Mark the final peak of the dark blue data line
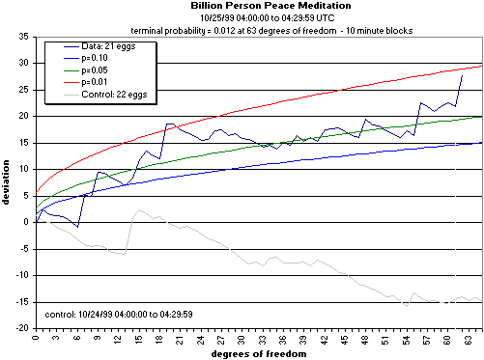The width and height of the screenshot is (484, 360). pyautogui.click(x=462, y=74)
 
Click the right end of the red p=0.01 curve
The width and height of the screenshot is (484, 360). pyautogui.click(x=480, y=66)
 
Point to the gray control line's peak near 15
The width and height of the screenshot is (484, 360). pyautogui.click(x=139, y=209)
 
